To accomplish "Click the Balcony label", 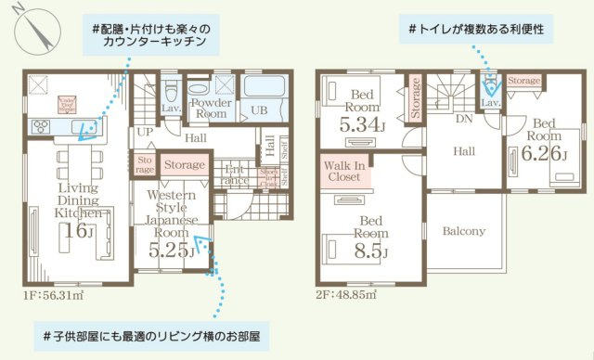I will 463,231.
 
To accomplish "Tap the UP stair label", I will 145,132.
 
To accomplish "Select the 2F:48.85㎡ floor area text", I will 345,295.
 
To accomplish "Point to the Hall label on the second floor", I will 465,150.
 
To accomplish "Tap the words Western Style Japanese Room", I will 171,214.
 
